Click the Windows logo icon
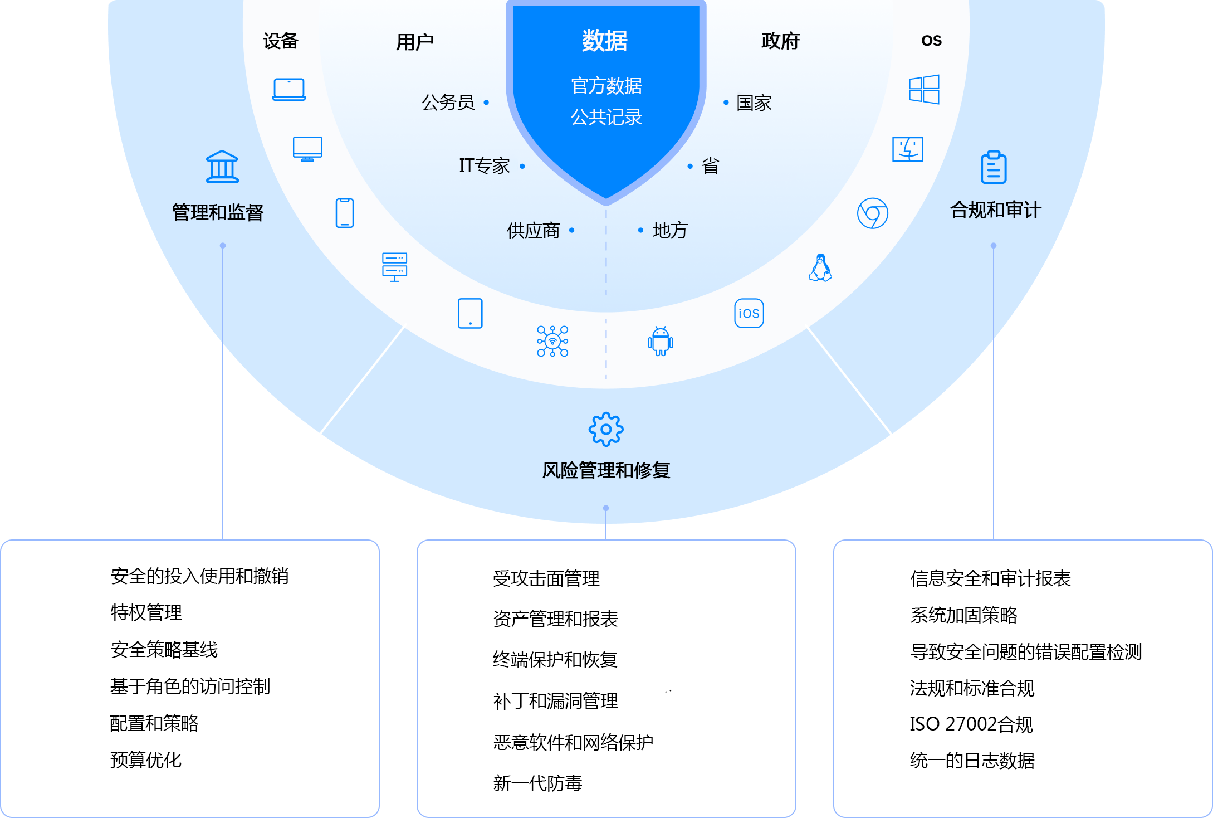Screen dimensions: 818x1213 click(x=924, y=90)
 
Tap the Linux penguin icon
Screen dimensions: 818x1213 click(x=820, y=268)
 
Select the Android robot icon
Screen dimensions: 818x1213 click(x=661, y=341)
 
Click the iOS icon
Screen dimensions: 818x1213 click(x=749, y=313)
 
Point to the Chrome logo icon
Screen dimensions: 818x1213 click(x=873, y=213)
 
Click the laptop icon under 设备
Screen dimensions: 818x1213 click(x=289, y=90)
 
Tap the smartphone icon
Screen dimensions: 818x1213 click(x=345, y=213)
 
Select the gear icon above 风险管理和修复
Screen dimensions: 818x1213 click(x=606, y=429)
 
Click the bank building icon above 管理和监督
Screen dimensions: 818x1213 click(x=222, y=167)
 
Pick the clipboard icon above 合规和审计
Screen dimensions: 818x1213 click(x=994, y=167)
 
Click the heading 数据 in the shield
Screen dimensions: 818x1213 click(x=605, y=41)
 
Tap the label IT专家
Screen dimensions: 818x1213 click(x=484, y=166)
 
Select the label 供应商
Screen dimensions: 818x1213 click(x=533, y=231)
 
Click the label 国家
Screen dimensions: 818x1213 click(x=754, y=103)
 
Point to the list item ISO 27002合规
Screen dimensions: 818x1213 click(x=971, y=724)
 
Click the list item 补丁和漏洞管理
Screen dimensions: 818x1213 click(x=555, y=701)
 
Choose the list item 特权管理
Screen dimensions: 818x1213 click(x=146, y=612)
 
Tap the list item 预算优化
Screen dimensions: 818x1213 click(x=146, y=760)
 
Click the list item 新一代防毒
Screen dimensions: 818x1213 click(x=537, y=783)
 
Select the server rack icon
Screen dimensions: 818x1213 click(x=394, y=267)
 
